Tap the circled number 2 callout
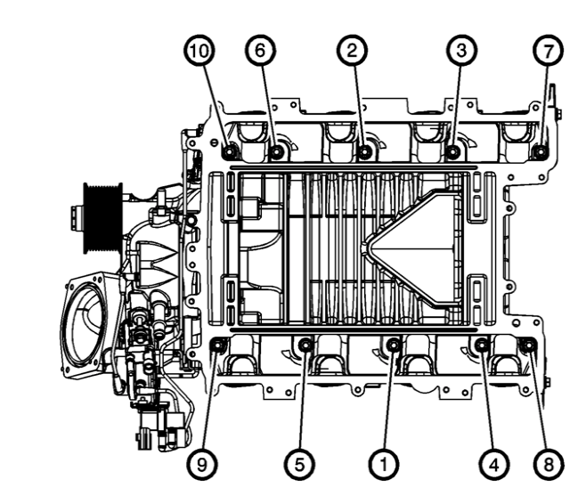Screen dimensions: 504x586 pyautogui.click(x=353, y=51)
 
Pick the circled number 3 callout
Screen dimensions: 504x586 pyautogui.click(x=460, y=51)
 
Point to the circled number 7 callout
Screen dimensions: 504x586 pyautogui.click(x=547, y=51)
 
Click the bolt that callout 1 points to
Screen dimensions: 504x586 pyautogui.click(x=394, y=345)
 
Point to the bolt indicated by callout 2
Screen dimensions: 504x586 pyautogui.click(x=365, y=152)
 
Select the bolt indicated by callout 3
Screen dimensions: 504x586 pyautogui.click(x=452, y=152)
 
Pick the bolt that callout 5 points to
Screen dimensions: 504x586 pyautogui.click(x=305, y=345)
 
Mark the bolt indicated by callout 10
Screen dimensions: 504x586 pyautogui.click(x=230, y=150)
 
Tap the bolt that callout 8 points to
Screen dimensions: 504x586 pyautogui.click(x=525, y=345)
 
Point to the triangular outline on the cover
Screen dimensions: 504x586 pyautogui.click(x=414, y=246)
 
